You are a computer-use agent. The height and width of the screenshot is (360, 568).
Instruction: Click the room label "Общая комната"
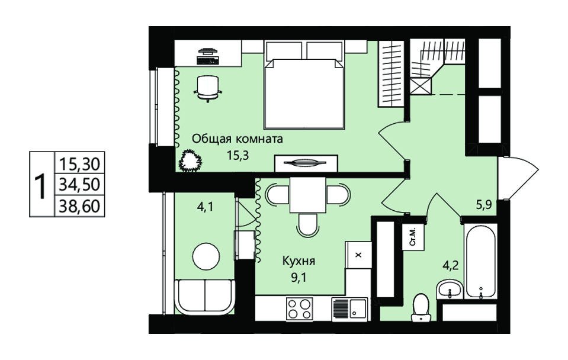tap(238, 139)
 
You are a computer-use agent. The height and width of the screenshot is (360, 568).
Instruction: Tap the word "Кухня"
tap(299, 261)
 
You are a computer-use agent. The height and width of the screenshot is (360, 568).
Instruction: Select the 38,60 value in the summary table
tap(79, 206)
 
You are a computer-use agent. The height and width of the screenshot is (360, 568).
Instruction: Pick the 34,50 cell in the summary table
tap(79, 184)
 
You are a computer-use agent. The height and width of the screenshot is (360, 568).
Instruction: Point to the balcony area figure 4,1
tap(205, 207)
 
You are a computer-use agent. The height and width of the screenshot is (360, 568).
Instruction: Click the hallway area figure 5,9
tap(483, 205)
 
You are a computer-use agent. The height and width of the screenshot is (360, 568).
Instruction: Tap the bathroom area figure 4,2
tap(451, 265)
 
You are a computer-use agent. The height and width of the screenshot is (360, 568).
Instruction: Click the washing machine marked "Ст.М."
tap(413, 237)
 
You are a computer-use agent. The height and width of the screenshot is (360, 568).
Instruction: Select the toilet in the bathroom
tap(421, 307)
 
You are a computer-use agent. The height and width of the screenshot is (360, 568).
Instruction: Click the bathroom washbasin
tap(449, 290)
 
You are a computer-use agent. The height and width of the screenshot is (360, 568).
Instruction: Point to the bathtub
tap(481, 261)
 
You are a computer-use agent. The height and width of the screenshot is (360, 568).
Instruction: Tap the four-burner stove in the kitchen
tap(299, 309)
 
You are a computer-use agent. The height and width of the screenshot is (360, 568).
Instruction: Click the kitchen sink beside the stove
tap(350, 309)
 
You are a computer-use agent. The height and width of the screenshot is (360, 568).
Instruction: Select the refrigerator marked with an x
tap(358, 255)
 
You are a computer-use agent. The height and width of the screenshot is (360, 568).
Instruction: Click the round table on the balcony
tap(206, 256)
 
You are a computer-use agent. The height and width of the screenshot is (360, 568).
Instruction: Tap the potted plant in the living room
tap(190, 160)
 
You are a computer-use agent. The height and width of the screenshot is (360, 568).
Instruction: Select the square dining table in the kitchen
tap(307, 195)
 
